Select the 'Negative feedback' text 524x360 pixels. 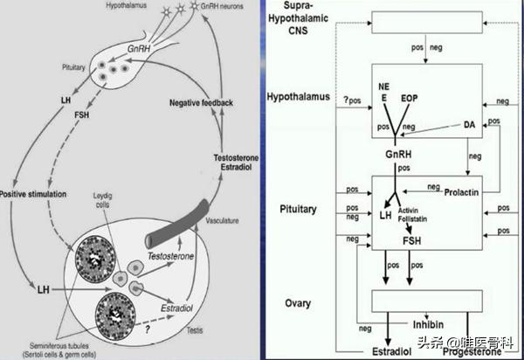coord(202,103)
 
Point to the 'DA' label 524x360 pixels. coord(468,126)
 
